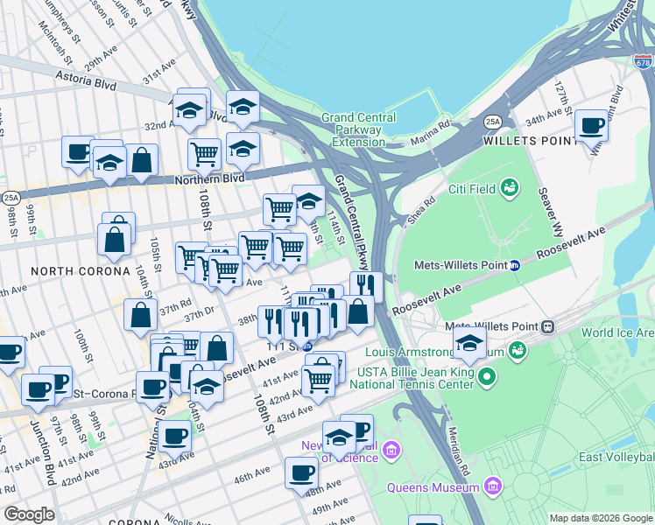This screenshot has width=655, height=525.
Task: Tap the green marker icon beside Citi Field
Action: tap(509, 187)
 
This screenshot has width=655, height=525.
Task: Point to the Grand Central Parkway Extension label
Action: tap(358, 129)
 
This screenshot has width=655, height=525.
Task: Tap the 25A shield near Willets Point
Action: tap(493, 122)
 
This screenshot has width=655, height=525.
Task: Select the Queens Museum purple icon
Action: tap(492, 485)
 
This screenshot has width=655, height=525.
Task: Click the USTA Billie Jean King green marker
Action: tap(486, 377)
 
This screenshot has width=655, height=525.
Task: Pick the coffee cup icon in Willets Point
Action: tap(592, 126)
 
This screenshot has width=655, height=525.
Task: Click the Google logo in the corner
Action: tap(29, 514)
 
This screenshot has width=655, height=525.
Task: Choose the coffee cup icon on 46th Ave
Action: tap(301, 472)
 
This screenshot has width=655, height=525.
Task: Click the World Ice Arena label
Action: tap(617, 332)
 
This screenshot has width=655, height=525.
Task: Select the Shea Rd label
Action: tap(421, 211)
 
